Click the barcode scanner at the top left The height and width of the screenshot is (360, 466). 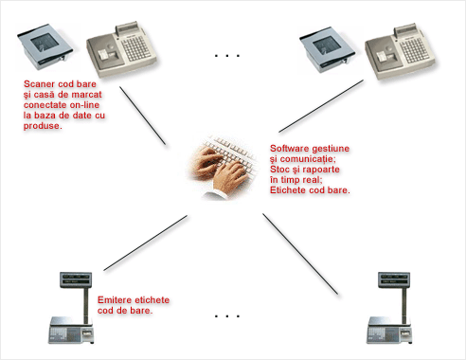click(45, 46)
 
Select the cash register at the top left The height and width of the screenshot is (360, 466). click(122, 49)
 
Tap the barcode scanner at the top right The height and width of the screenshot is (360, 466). click(328, 49)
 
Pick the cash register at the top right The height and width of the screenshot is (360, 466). click(401, 51)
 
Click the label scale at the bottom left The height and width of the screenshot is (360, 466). click(71, 308)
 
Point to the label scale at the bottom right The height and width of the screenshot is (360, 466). click(389, 308)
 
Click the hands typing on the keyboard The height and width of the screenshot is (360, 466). click(223, 168)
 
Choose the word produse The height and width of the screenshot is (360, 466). click(43, 126)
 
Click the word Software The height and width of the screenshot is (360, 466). click(289, 149)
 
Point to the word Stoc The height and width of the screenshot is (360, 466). click(279, 170)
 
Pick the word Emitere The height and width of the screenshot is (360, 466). click(114, 300)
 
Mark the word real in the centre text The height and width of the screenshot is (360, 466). click(313, 180)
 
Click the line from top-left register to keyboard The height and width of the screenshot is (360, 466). click(142, 116)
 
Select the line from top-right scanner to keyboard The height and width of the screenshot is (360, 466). click(321, 106)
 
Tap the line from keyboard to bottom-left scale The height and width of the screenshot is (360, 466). click(146, 243)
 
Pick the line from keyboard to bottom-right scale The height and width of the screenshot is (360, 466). click(300, 254)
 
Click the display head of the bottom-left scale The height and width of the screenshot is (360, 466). click(76, 279)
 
